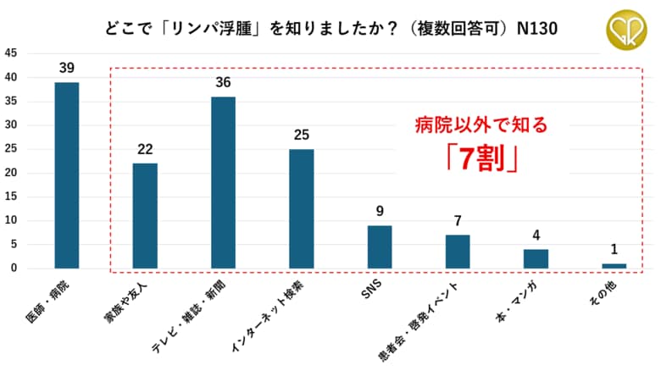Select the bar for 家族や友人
tap(145, 216)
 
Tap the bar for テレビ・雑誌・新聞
tap(223, 182)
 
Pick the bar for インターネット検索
tap(301, 208)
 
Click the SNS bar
tap(380, 246)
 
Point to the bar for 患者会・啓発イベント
tap(458, 252)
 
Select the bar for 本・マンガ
tap(536, 258)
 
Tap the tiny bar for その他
tap(614, 266)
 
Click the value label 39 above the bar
tap(67, 67)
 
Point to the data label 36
tap(223, 82)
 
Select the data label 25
tap(301, 134)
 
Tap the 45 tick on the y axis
tap(11, 53)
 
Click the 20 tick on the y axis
tap(11, 173)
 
